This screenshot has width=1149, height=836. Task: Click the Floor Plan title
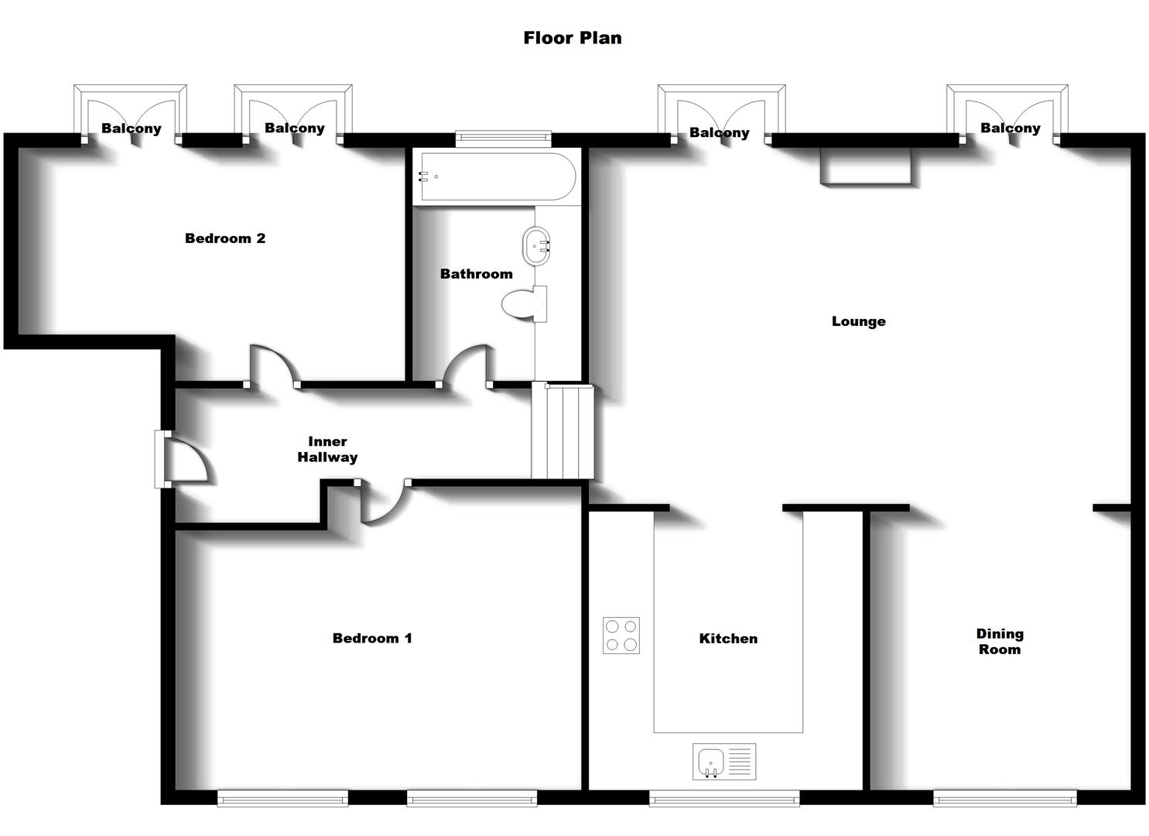click(572, 38)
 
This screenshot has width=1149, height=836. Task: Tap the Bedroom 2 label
click(225, 238)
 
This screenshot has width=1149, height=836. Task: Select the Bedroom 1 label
click(372, 639)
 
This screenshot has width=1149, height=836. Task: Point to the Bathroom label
click(476, 274)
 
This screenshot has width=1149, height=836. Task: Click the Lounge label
click(858, 321)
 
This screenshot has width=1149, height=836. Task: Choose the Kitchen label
click(728, 639)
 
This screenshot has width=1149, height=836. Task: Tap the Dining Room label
click(1000, 642)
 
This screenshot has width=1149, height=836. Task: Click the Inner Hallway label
click(327, 449)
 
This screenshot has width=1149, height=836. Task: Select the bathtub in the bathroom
click(495, 176)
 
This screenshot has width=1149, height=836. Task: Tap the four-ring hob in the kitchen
click(621, 636)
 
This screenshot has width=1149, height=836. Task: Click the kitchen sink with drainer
click(723, 762)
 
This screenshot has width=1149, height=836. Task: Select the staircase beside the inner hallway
click(561, 432)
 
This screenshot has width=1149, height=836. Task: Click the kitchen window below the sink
click(723, 798)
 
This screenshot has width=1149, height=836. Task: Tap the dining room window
click(1004, 798)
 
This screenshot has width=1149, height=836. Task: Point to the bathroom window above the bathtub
click(503, 139)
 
